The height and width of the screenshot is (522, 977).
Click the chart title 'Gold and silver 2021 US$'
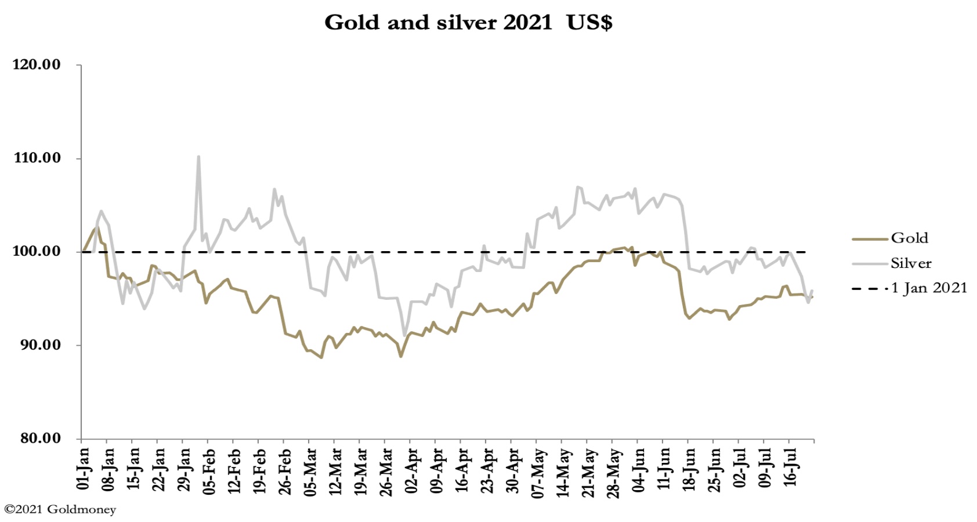click(468, 23)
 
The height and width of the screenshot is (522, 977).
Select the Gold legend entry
click(909, 238)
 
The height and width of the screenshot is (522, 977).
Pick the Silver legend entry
click(911, 263)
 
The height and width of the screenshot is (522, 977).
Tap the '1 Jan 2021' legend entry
click(929, 288)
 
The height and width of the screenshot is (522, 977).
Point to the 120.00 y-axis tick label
click(37, 64)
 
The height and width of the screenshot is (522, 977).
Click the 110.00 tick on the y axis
click(37, 158)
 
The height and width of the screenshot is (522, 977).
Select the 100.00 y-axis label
click(37, 251)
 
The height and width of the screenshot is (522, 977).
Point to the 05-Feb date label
click(209, 471)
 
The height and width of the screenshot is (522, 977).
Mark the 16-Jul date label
click(791, 469)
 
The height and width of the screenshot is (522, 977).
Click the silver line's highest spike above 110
click(198, 157)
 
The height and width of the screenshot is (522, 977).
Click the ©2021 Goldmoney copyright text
click(60, 510)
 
